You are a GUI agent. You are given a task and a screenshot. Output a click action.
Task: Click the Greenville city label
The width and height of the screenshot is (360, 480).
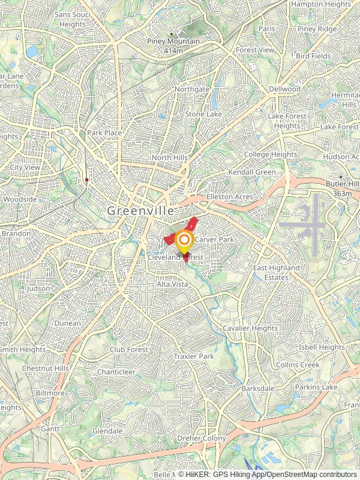(x=141, y=211)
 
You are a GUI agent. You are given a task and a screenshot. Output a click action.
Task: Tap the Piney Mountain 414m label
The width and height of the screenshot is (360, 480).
(x=173, y=45)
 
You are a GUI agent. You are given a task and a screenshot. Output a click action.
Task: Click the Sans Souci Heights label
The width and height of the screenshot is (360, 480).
(x=73, y=19)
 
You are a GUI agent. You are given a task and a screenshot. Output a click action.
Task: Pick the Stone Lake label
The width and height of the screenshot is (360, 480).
(x=203, y=114)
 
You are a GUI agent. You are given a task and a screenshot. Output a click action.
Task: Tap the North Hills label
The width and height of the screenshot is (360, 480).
(x=169, y=158)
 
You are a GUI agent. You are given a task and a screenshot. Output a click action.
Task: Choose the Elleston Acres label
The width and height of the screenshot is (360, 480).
(x=229, y=197)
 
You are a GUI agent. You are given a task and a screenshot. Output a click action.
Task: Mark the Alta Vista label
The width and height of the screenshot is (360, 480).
(x=172, y=284)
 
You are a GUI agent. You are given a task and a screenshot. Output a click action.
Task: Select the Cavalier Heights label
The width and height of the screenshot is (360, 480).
(x=250, y=328)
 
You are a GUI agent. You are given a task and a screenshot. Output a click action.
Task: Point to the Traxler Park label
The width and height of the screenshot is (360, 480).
(x=193, y=356)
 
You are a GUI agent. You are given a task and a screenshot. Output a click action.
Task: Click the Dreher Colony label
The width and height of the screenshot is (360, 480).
(x=202, y=439)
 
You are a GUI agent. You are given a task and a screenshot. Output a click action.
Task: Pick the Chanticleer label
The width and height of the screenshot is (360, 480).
(x=116, y=372)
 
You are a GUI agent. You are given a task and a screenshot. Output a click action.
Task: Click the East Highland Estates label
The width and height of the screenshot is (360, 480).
(x=276, y=272)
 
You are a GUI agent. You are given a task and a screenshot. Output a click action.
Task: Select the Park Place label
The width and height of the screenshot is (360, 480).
(x=104, y=133)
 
